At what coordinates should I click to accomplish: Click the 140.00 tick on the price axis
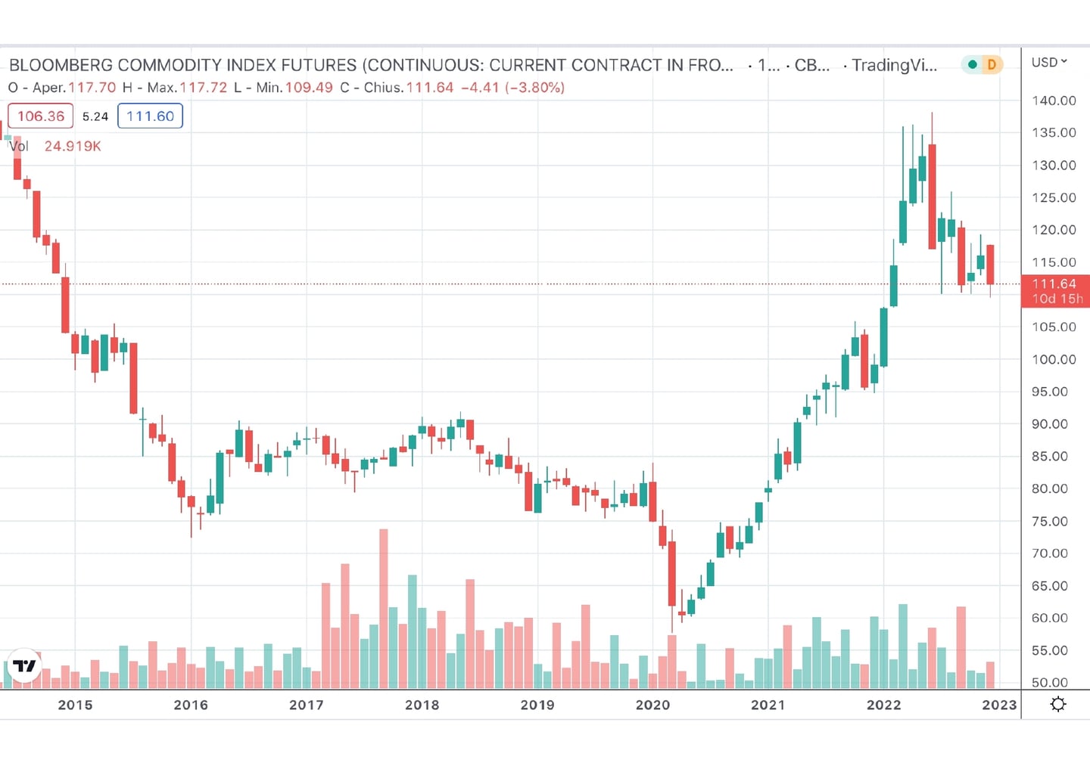point(1054,101)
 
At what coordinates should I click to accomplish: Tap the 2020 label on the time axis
point(652,705)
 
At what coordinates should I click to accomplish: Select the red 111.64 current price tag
point(1054,291)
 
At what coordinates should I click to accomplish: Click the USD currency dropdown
point(1049,62)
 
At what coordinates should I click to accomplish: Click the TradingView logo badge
point(24,666)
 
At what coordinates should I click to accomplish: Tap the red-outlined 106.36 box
point(41,116)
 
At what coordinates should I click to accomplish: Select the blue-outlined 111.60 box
point(150,116)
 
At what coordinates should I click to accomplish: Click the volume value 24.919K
point(73,146)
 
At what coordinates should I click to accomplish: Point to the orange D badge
point(992,65)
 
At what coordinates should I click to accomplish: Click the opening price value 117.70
point(92,88)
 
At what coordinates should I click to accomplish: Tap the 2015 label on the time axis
point(75,705)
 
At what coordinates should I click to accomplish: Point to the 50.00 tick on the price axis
point(1049,682)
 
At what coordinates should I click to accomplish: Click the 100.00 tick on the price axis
point(1054,359)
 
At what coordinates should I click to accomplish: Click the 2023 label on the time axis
point(999,705)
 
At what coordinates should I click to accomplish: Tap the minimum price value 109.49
point(309,88)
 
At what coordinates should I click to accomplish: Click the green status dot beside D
point(973,65)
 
